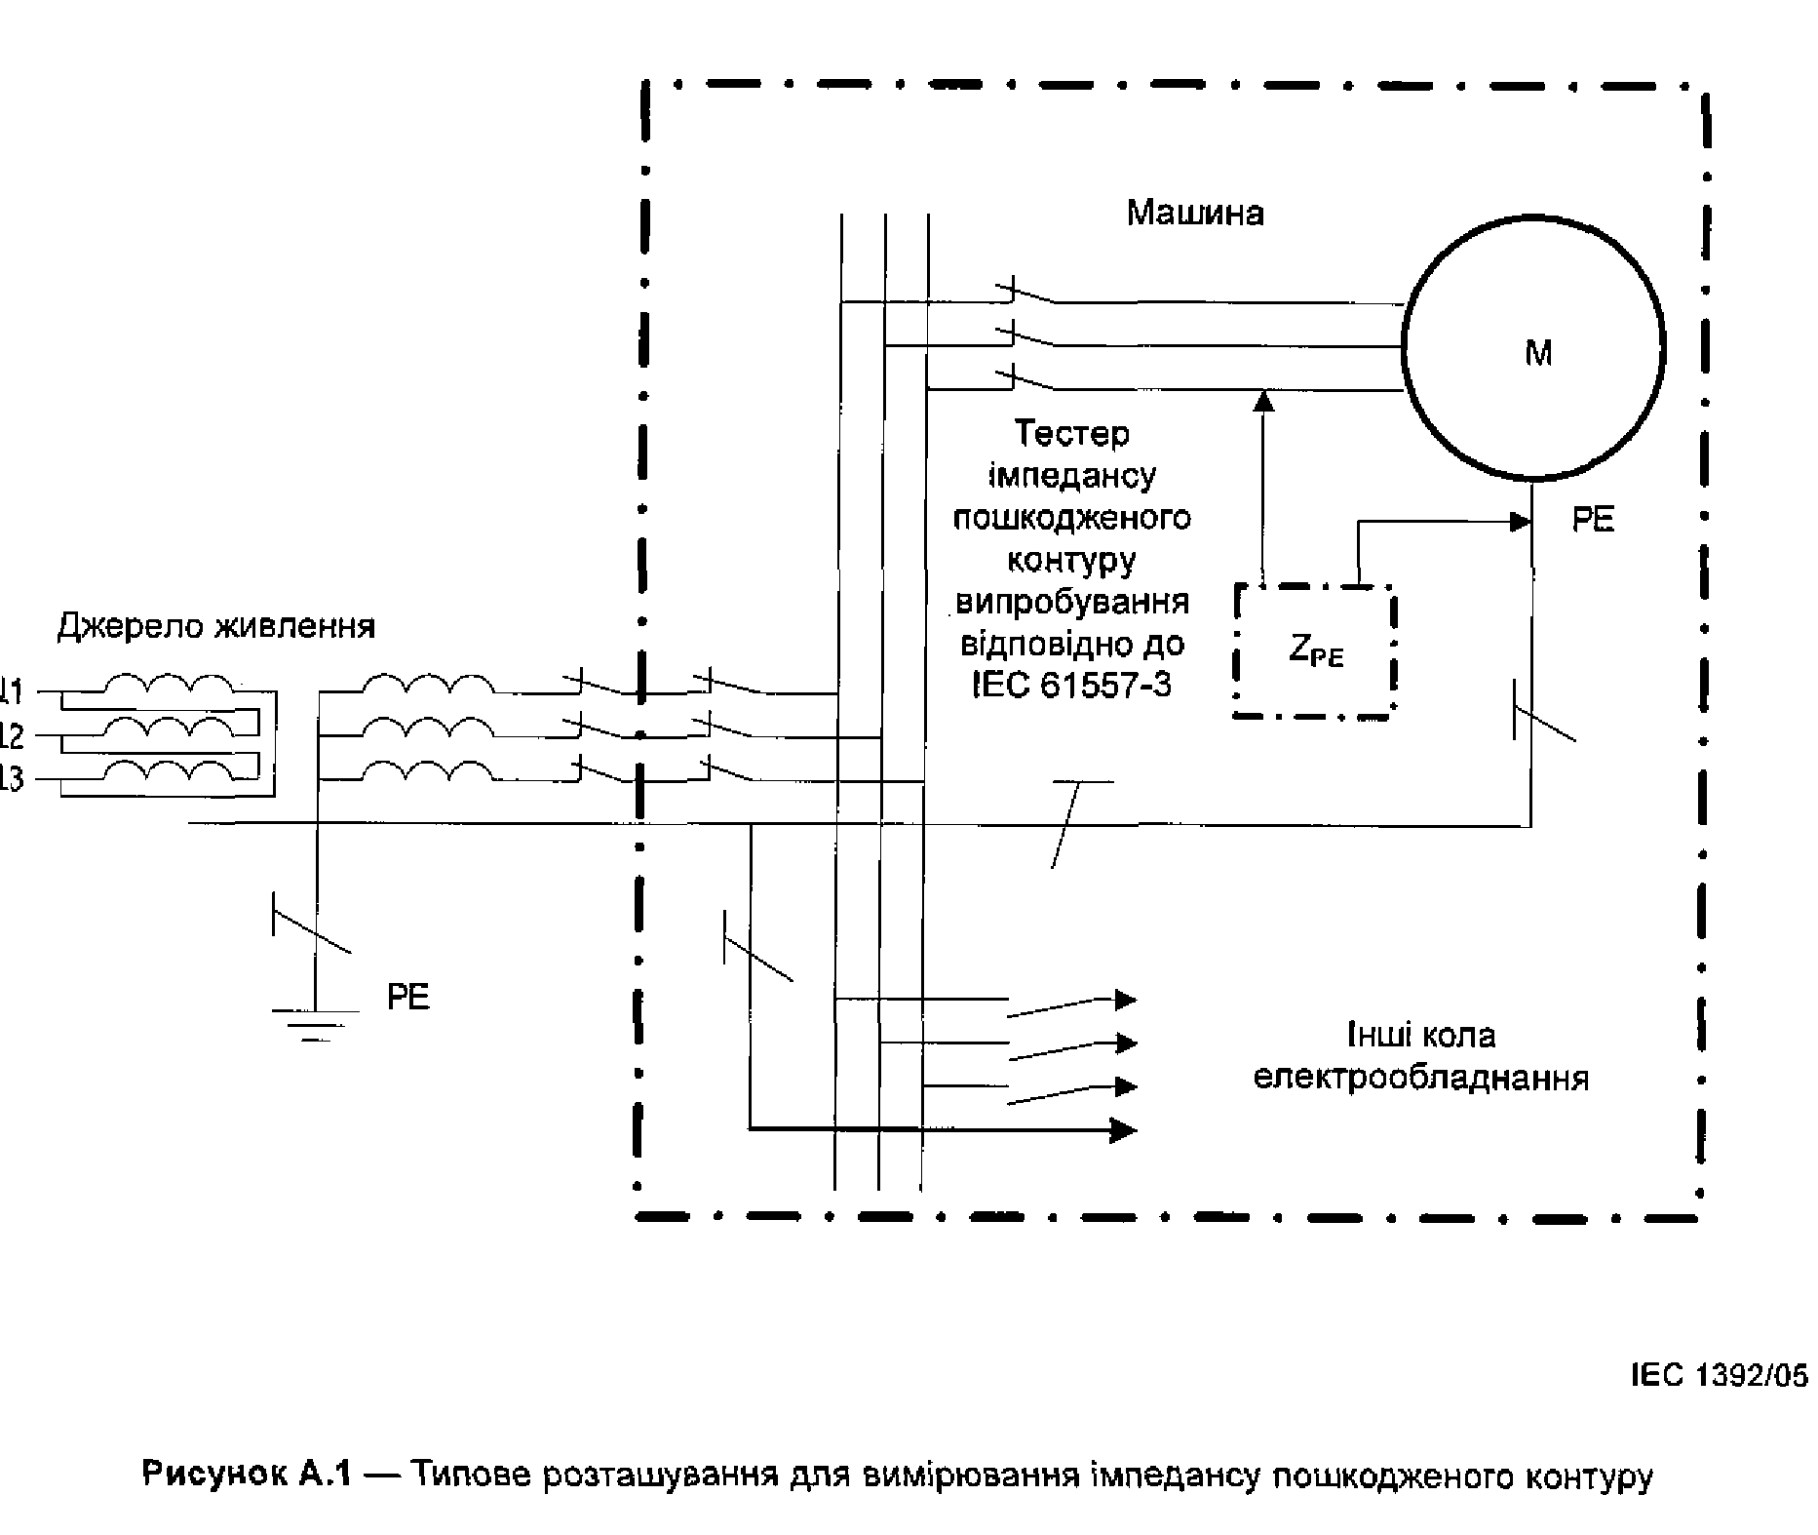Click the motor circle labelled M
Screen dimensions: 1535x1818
(x=1533, y=349)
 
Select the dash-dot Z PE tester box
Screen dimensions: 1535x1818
(x=1314, y=651)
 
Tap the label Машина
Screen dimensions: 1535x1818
(x=1195, y=213)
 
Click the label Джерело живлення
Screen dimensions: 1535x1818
(x=216, y=625)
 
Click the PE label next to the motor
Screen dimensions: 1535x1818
(x=1593, y=520)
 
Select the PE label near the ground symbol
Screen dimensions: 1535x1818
(x=407, y=997)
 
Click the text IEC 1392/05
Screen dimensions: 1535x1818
(x=1719, y=1375)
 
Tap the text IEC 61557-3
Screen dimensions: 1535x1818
(x=1071, y=686)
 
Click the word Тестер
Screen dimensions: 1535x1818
(x=1071, y=433)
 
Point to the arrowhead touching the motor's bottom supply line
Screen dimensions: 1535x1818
(x=1263, y=400)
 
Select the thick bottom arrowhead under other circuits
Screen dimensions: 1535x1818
(x=1125, y=1129)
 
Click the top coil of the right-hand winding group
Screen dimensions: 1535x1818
(x=428, y=683)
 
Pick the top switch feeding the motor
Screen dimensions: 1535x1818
(x=1026, y=293)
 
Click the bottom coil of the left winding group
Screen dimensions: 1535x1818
(x=169, y=770)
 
